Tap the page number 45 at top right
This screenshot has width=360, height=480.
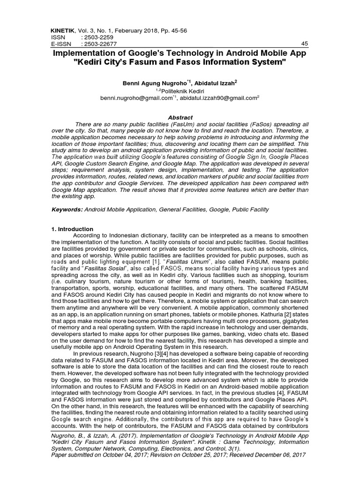tap(304, 44)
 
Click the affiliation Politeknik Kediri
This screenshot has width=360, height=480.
tap(180, 90)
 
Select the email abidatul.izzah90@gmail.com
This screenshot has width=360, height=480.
tap(219, 98)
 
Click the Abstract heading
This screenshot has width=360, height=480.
tap(180, 117)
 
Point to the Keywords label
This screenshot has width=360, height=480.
tap(66, 210)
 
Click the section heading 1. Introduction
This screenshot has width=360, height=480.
tap(72, 229)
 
